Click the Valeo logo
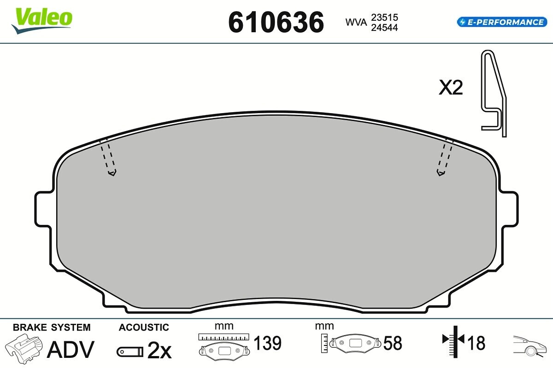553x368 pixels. click(x=42, y=20)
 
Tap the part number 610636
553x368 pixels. click(x=276, y=23)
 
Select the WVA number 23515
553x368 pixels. click(x=384, y=17)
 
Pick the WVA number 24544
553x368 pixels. click(x=384, y=28)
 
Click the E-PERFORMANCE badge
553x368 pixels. click(x=502, y=22)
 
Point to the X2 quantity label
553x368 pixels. click(x=451, y=87)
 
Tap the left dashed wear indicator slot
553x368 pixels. click(x=109, y=158)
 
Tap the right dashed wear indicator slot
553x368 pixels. click(x=445, y=158)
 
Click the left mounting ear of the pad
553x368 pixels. click(x=43, y=209)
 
